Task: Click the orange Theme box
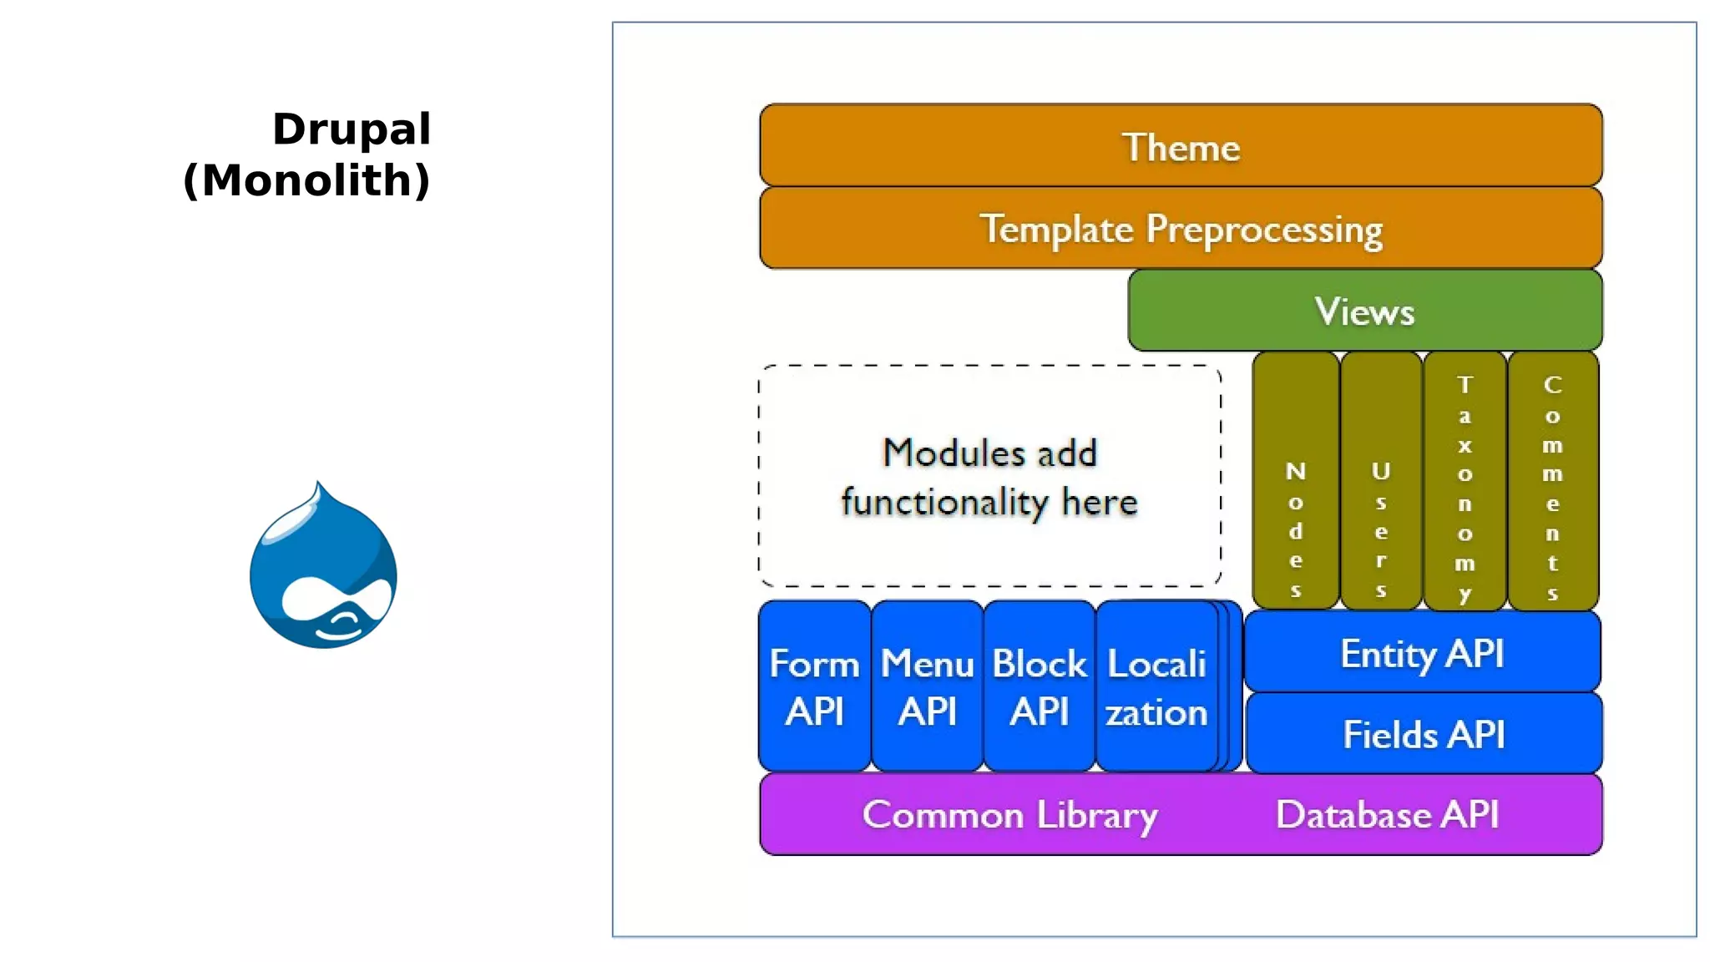point(1181,145)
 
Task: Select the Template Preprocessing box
point(1181,228)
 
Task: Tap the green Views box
point(1364,311)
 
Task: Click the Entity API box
point(1422,653)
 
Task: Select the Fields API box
point(1424,734)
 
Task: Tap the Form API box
point(814,686)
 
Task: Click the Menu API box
point(927,686)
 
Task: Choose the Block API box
point(1039,686)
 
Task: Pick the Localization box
point(1156,686)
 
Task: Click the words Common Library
point(1009,815)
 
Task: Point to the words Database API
point(1387,815)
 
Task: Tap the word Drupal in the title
point(352,129)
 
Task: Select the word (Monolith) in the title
point(306,180)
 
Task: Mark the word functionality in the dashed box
point(944,503)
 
